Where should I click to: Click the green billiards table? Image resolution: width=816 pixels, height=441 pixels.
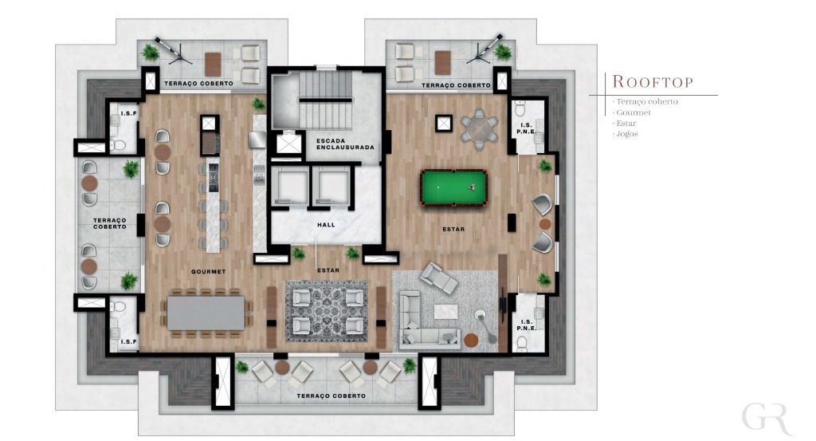[x=453, y=187]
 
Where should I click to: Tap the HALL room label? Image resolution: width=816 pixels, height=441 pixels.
[x=326, y=225]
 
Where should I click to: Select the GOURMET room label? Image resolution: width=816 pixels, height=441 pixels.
[x=208, y=271]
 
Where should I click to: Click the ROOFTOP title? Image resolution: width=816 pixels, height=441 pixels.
[x=653, y=82]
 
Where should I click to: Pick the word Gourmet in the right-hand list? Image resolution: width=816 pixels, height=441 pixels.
[x=634, y=112]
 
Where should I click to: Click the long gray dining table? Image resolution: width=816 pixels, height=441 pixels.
[x=206, y=313]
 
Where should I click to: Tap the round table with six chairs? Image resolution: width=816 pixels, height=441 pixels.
[x=479, y=128]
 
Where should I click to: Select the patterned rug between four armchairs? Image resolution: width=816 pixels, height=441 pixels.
[x=327, y=311]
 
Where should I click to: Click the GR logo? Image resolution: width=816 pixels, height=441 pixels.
[x=767, y=417]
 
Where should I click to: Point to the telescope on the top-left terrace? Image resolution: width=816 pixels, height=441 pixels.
[x=173, y=50]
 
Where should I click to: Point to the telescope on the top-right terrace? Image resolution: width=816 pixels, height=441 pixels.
[x=484, y=49]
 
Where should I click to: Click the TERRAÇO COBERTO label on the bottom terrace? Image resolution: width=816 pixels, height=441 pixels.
[x=331, y=396]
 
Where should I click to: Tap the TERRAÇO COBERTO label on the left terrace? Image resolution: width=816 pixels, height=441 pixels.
[x=110, y=223]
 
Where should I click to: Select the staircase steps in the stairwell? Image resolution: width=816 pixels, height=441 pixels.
[x=325, y=100]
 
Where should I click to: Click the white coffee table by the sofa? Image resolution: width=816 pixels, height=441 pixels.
[x=446, y=311]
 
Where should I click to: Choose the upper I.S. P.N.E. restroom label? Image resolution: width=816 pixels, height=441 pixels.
[x=526, y=128]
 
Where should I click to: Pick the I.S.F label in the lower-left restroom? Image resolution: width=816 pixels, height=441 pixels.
[x=128, y=342]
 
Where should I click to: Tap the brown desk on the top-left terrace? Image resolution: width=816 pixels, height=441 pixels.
[x=213, y=65]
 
